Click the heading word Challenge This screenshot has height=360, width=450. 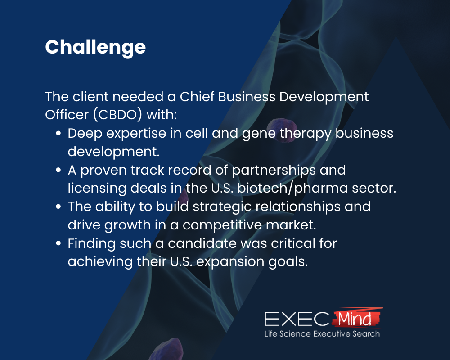click(x=95, y=47)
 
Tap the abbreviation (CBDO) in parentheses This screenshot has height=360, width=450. click(x=119, y=115)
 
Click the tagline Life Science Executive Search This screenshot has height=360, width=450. click(x=321, y=334)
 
